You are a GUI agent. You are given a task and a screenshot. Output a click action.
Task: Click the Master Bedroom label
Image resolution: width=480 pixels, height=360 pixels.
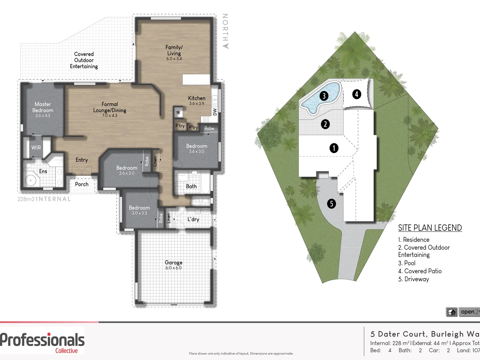(x=43, y=107)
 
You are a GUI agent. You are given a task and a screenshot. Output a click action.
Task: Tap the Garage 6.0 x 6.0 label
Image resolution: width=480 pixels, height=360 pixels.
(x=173, y=265)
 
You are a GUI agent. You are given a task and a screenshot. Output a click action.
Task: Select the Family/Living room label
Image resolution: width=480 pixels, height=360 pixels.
(x=174, y=51)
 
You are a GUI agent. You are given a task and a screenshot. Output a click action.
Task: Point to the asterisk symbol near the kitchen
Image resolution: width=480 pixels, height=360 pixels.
(x=178, y=113)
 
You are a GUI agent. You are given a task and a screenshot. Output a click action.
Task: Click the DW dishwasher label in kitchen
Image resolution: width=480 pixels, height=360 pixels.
(x=215, y=112)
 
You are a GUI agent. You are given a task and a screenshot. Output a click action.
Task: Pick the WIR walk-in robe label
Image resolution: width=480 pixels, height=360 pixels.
(x=36, y=147)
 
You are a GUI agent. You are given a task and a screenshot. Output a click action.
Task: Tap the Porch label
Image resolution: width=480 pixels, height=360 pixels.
(x=82, y=184)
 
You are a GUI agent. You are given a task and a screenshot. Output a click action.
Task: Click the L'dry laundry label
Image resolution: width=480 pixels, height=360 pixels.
(x=193, y=219)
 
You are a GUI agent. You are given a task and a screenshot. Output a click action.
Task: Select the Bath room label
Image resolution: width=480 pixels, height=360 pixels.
(x=191, y=186)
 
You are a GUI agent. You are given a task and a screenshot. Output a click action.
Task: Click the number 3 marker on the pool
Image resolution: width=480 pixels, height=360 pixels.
(x=324, y=96)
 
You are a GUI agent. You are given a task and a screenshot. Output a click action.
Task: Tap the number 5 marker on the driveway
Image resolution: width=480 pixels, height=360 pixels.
(x=331, y=203)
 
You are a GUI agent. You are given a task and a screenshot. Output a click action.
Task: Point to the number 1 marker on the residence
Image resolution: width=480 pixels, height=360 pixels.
(x=334, y=148)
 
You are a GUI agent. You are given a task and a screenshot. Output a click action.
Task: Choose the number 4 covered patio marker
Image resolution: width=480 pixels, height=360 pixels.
(x=356, y=94)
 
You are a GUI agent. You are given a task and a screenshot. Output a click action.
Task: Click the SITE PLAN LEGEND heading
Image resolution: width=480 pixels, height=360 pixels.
(x=430, y=228)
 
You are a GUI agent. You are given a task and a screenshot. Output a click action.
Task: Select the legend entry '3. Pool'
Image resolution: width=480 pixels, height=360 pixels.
(x=407, y=263)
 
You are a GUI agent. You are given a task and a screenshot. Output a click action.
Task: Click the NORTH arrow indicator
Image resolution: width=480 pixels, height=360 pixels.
(x=225, y=32)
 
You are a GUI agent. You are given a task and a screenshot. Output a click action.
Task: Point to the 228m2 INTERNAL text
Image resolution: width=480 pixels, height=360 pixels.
(x=44, y=199)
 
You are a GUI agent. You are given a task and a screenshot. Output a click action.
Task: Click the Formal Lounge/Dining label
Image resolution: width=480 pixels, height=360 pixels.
(x=110, y=107)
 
